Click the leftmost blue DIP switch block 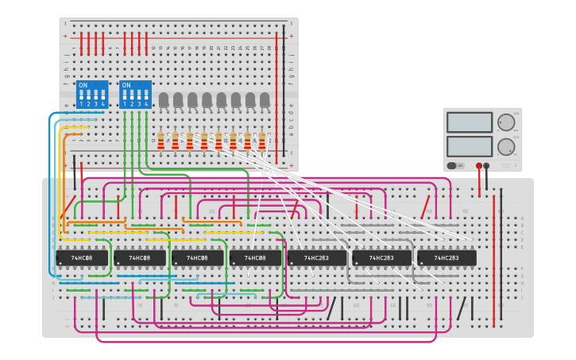[x=92, y=95]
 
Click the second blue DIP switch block [x=135, y=95]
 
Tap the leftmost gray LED [x=164, y=99]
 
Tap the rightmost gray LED [x=264, y=99]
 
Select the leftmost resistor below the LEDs [x=161, y=141]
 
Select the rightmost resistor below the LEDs [x=262, y=141]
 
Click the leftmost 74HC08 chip [x=82, y=258]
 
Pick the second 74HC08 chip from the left [x=140, y=258]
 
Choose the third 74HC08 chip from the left [x=197, y=258]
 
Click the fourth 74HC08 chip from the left [x=255, y=258]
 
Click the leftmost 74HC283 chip [x=317, y=258]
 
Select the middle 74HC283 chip [x=382, y=258]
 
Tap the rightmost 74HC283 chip [x=447, y=258]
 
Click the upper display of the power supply [x=470, y=122]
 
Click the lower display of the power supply [x=470, y=146]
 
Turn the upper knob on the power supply [x=506, y=122]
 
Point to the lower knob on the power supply [x=506, y=146]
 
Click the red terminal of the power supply [x=479, y=166]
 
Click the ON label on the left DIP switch [x=83, y=85]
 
